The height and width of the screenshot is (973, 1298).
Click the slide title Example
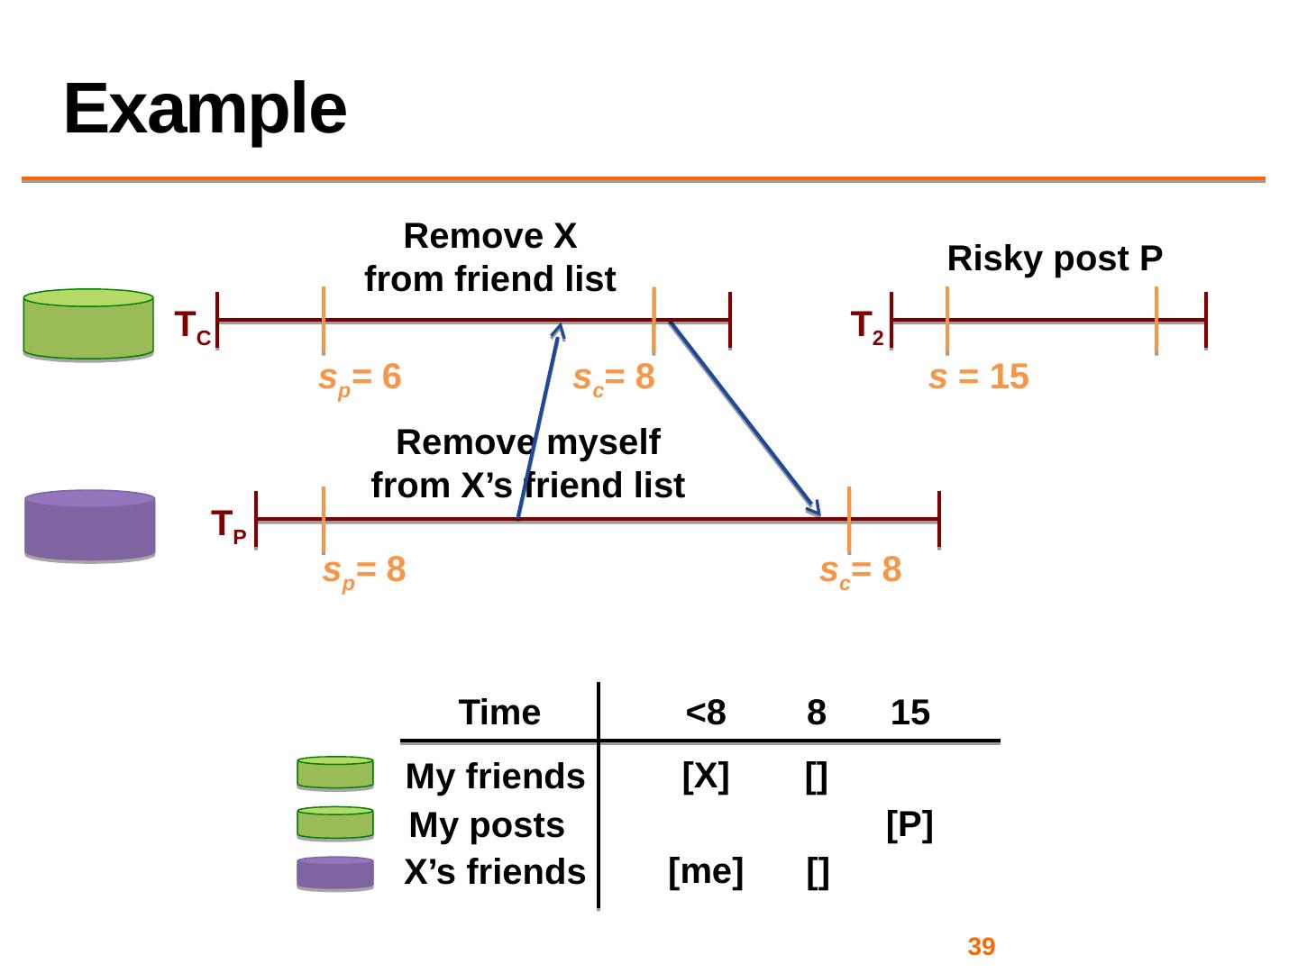[x=205, y=111]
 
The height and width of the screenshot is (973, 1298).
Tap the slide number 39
[x=981, y=946]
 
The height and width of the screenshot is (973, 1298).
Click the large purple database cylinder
[x=90, y=525]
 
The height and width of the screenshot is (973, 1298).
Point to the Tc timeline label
[x=193, y=328]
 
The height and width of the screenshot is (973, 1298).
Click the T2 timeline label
[x=867, y=328]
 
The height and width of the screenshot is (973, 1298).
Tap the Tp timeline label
[x=228, y=526]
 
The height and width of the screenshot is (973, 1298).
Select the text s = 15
[x=979, y=377]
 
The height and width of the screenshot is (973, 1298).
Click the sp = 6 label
[x=360, y=379]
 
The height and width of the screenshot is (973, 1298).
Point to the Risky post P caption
[x=1055, y=259]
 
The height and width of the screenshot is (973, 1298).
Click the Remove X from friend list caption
[x=490, y=257]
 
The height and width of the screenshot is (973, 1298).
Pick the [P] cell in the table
[x=910, y=825]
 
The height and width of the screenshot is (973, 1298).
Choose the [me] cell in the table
[x=706, y=871]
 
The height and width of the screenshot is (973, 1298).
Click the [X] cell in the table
[x=706, y=776]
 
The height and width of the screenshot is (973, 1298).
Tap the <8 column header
[x=706, y=713]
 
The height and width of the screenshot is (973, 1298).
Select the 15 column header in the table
[x=910, y=713]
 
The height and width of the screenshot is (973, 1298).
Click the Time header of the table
[x=499, y=713]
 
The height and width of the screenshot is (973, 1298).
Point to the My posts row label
[x=487, y=825]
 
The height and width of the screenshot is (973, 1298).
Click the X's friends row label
[x=495, y=872]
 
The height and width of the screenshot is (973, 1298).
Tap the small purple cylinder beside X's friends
[x=335, y=873]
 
